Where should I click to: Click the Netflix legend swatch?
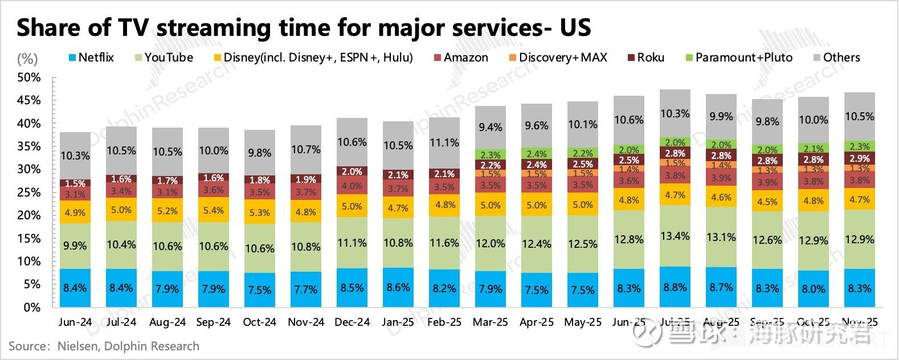(x=72, y=58)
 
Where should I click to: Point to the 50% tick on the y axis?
(x=29, y=77)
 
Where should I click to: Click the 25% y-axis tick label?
(x=29, y=192)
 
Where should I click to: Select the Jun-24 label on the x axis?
(x=75, y=322)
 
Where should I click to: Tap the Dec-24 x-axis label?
(x=352, y=322)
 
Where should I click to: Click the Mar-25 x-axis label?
(x=490, y=322)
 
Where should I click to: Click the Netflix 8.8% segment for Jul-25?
(x=675, y=287)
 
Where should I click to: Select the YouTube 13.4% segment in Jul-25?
(x=675, y=236)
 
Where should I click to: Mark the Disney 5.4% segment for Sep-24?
(x=214, y=210)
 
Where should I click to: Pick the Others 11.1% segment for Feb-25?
(x=444, y=143)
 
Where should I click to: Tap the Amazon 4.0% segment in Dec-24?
(x=352, y=186)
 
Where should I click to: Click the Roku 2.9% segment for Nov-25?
(x=859, y=158)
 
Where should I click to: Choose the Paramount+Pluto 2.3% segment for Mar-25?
(x=490, y=154)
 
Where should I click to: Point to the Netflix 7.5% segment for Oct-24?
(x=260, y=289)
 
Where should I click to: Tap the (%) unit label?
(x=27, y=58)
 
